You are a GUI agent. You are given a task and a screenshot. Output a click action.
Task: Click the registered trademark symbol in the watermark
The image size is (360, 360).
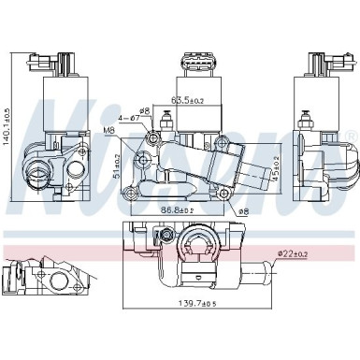pos(352,138)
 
